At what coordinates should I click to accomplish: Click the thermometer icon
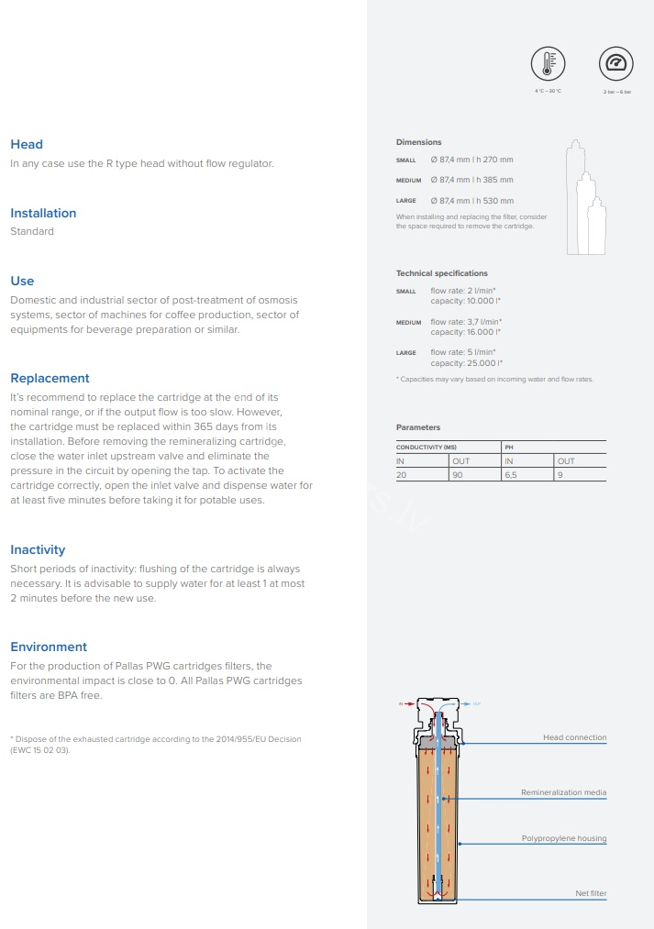pyautogui.click(x=548, y=63)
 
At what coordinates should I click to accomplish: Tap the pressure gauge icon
pyautogui.click(x=615, y=63)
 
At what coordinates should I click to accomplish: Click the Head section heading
pyautogui.click(x=27, y=144)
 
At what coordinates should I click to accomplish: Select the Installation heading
pyautogui.click(x=43, y=213)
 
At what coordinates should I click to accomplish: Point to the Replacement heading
pyautogui.click(x=50, y=378)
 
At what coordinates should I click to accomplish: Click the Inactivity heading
pyautogui.click(x=38, y=549)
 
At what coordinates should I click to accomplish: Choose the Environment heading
pyautogui.click(x=49, y=647)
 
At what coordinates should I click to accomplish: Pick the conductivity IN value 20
pyautogui.click(x=401, y=474)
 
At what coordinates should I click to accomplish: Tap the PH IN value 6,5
pyautogui.click(x=510, y=474)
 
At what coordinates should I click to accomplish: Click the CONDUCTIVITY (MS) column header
pyautogui.click(x=426, y=447)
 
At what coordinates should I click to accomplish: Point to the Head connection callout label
pyautogui.click(x=574, y=737)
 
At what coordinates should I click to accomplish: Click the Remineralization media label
pyautogui.click(x=563, y=792)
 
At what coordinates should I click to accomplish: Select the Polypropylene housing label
pyautogui.click(x=563, y=838)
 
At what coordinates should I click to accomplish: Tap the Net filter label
pyautogui.click(x=590, y=893)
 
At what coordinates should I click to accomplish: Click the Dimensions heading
pyautogui.click(x=418, y=142)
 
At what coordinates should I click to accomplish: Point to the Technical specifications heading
pyautogui.click(x=441, y=273)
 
